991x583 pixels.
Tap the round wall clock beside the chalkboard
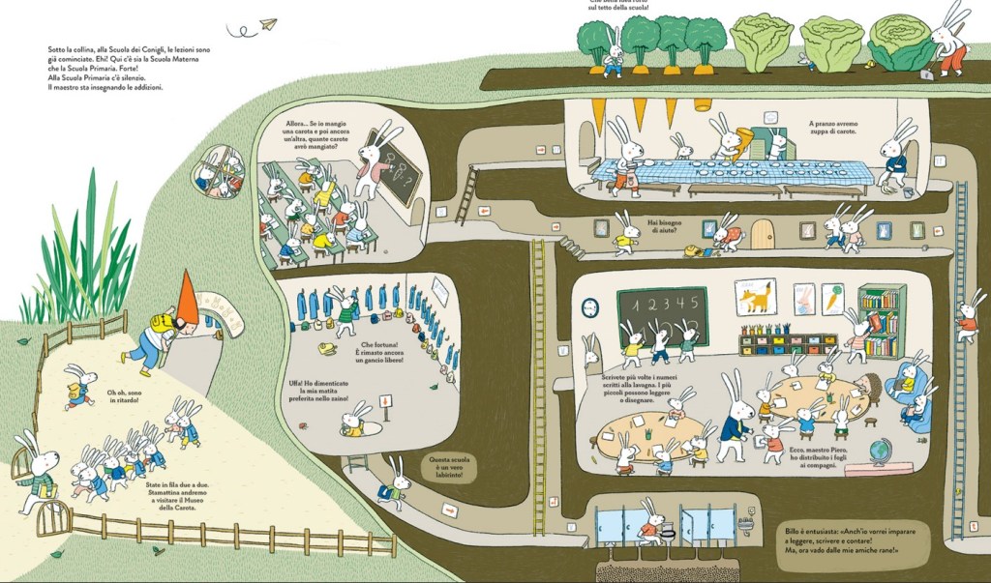(x=590, y=307)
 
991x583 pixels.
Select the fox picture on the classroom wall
(x=756, y=297)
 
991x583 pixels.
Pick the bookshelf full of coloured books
(x=881, y=320)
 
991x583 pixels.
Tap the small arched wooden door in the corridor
(x=764, y=234)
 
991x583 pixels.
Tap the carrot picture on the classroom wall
(x=832, y=298)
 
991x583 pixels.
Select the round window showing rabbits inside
(x=219, y=171)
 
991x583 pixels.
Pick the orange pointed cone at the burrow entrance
(x=189, y=298)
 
